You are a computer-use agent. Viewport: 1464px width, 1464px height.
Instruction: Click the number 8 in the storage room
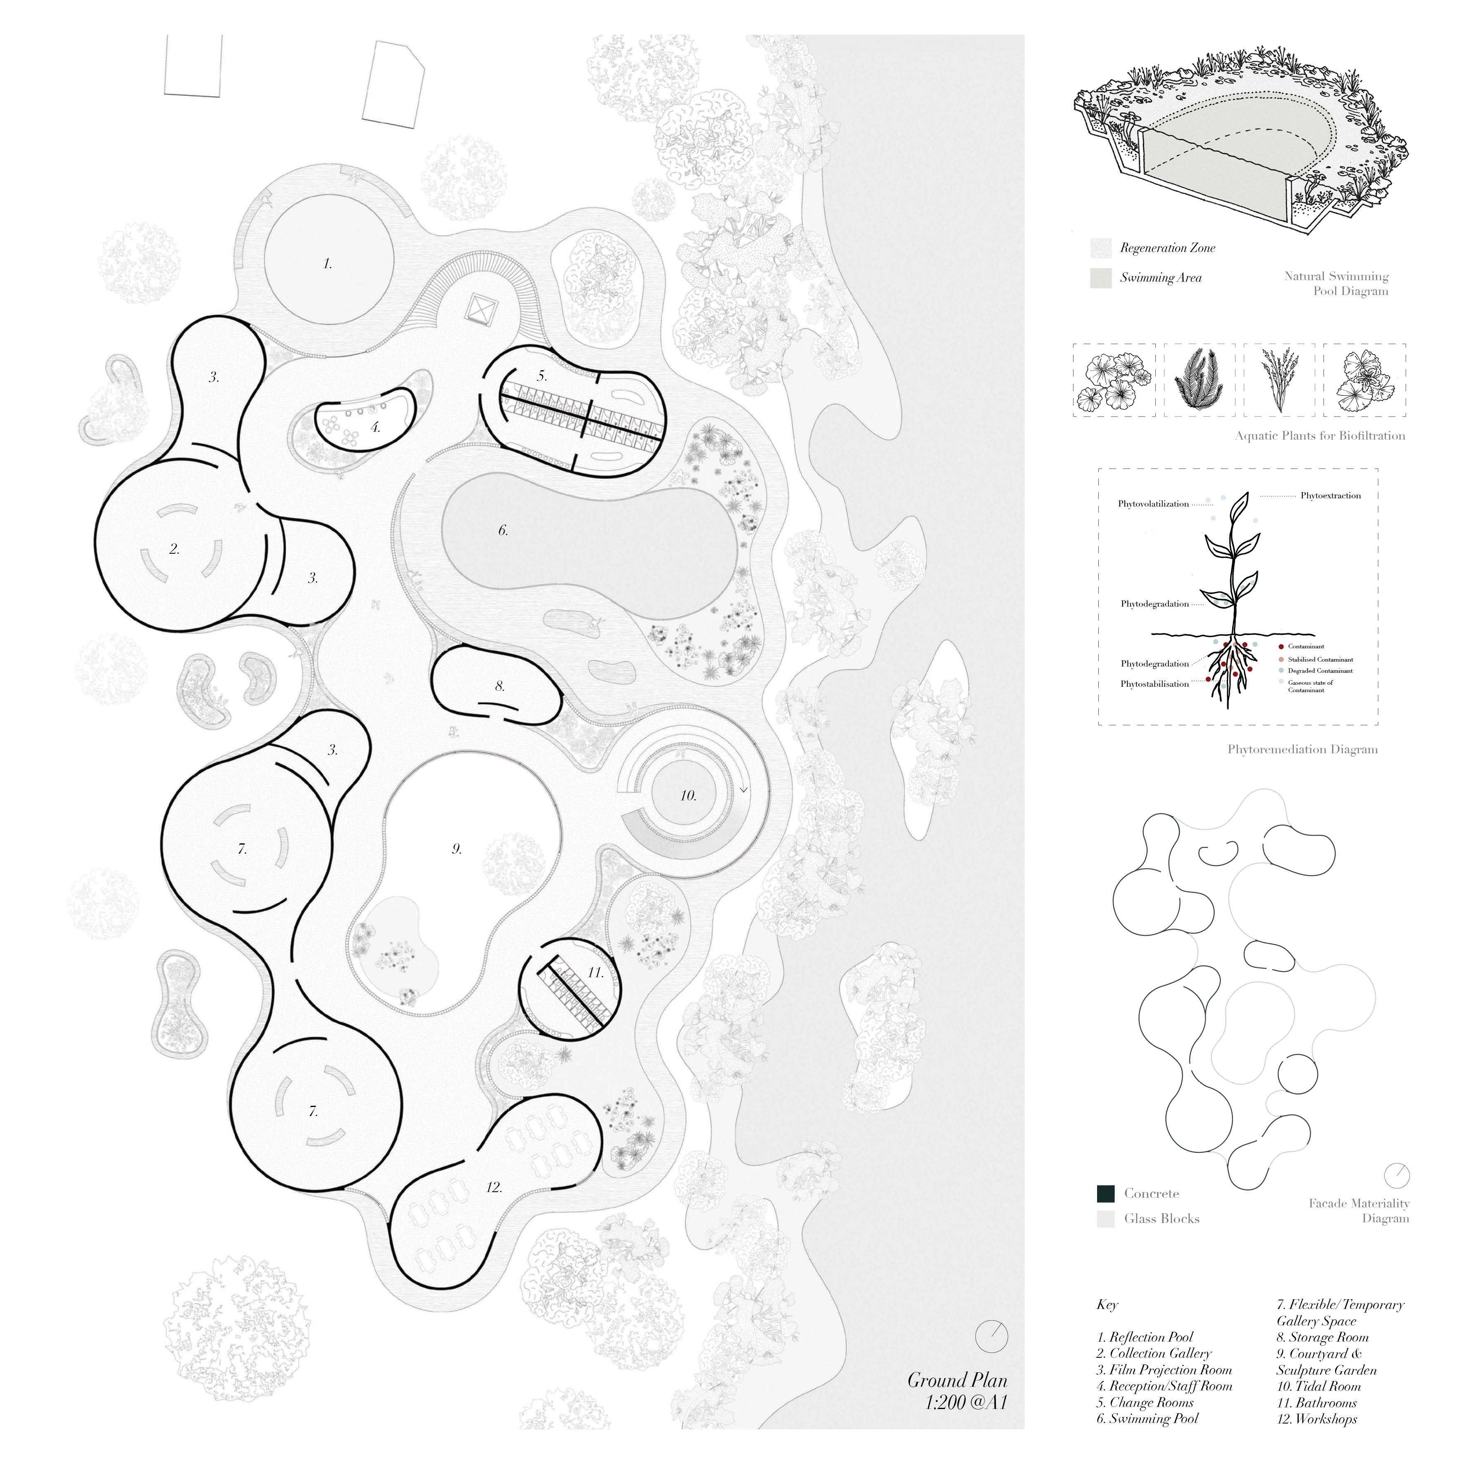coord(500,686)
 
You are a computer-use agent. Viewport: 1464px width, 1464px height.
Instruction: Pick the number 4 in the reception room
coord(376,427)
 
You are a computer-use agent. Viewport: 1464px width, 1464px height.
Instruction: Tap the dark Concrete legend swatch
coord(1106,1194)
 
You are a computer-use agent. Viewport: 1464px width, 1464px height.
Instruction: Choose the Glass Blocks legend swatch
coord(1106,1219)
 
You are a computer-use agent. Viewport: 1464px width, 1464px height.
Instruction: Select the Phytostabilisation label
coord(1155,684)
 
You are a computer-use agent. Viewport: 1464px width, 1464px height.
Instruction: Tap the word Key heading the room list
coord(1107,1305)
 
